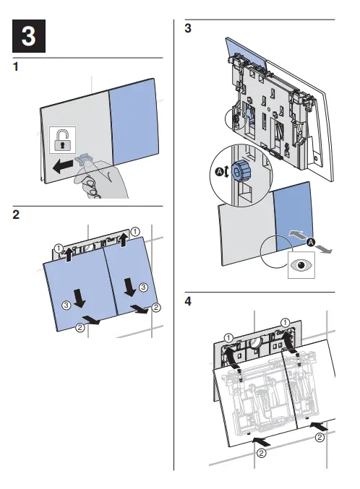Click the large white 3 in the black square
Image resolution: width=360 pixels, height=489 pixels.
29,36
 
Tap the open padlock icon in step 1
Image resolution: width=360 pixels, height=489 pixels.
62,139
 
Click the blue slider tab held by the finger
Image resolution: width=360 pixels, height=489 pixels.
82,159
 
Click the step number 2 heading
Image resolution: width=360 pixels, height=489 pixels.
16,215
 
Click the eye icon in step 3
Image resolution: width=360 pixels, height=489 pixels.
301,265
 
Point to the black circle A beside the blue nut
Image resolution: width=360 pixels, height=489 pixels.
220,171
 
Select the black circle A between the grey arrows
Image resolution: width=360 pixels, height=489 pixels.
311,242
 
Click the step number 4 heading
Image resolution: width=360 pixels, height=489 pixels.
188,301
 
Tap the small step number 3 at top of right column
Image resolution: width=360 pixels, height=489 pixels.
188,28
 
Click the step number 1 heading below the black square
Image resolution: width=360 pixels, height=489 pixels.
16,66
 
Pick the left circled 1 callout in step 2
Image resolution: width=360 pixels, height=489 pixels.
59,248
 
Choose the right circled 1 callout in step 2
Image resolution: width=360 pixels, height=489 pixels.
134,232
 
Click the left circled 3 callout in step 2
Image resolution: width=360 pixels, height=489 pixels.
67,306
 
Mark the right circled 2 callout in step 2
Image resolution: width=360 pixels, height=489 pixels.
156,308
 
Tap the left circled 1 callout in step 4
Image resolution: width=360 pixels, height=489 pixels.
228,338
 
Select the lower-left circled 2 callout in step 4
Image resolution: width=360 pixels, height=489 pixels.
262,452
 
